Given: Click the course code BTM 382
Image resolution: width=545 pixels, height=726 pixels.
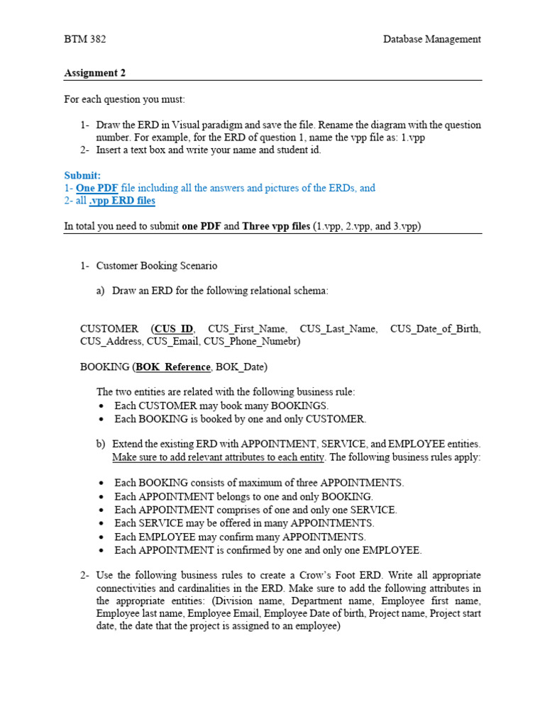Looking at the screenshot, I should (85, 39).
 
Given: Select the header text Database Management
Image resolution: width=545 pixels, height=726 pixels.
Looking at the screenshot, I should (431, 39).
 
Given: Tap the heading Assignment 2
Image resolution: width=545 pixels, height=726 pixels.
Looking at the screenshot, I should (95, 72).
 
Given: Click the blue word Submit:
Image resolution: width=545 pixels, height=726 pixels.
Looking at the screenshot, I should (82, 175).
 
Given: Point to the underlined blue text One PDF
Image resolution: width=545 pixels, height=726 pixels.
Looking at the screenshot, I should (97, 188).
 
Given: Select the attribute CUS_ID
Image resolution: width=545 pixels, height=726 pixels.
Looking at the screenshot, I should (174, 329).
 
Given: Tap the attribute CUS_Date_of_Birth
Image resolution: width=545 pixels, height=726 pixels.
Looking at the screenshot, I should (435, 329).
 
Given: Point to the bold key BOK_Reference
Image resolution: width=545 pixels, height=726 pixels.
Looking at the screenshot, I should (173, 367).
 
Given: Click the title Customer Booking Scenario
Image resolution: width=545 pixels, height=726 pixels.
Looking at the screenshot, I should (157, 266).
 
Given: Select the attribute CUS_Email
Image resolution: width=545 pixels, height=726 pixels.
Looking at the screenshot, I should (173, 342).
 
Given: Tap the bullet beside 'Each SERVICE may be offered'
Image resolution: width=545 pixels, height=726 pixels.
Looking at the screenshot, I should (103, 524).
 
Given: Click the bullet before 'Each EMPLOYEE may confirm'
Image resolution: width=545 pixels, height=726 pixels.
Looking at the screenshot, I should (103, 537).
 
